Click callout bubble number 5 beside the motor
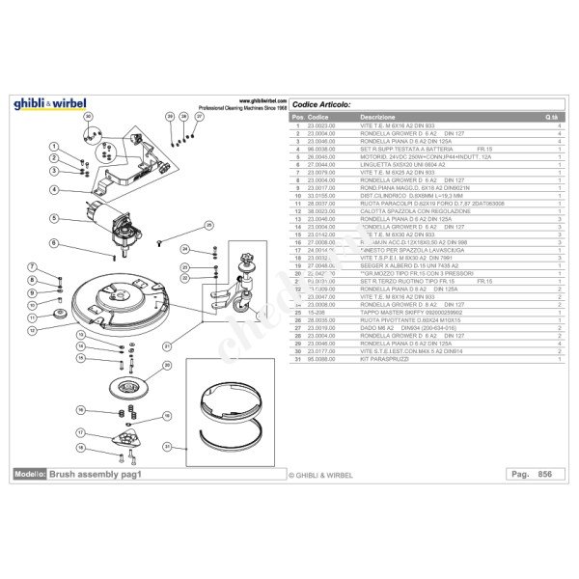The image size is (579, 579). click(x=54, y=219)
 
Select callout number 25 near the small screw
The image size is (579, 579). click(x=208, y=226)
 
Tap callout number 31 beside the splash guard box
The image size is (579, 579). click(x=166, y=447)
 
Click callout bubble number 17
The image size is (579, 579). click(x=81, y=432)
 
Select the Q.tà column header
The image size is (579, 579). click(x=552, y=118)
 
